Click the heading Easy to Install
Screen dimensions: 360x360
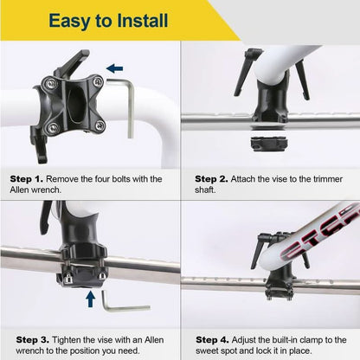tap(108, 20)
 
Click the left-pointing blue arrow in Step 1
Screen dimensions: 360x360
tap(114, 67)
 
